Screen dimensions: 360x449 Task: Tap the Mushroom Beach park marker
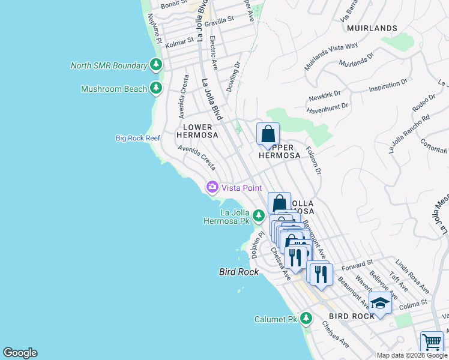click(156, 89)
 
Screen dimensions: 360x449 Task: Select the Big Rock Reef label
click(138, 138)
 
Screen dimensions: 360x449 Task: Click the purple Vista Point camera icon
click(212, 188)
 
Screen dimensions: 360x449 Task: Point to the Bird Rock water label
click(238, 272)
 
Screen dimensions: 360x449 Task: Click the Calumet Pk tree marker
click(306, 318)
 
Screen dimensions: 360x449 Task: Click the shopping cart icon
click(432, 341)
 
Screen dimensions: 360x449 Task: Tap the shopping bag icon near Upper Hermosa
click(268, 134)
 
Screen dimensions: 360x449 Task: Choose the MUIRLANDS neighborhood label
click(372, 28)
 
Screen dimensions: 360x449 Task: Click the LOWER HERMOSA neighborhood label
click(197, 131)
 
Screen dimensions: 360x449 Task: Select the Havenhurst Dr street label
click(327, 107)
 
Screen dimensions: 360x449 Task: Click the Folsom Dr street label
click(314, 161)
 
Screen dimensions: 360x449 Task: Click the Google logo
click(20, 353)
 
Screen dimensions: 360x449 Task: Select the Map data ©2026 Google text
click(411, 355)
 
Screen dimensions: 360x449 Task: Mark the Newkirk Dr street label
click(325, 95)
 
